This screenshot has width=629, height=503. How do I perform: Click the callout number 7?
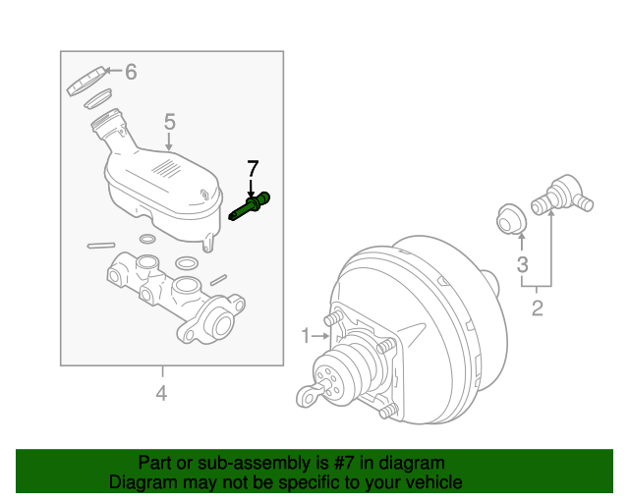pos(252,167)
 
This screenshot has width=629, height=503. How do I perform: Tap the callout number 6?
pos(131,72)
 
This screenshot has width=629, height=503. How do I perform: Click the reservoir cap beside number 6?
pos(86,81)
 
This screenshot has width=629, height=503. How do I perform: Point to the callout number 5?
pos(169,122)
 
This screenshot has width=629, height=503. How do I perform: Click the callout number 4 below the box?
pos(161,394)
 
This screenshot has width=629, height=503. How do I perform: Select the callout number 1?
pos(305,336)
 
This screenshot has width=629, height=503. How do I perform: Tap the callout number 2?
pos(537,310)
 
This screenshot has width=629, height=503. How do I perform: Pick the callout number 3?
pos(522,263)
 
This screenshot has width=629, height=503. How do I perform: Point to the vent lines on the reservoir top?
pos(169,168)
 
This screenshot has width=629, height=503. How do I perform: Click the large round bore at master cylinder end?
pos(223,325)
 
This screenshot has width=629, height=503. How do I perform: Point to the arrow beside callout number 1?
pos(320,336)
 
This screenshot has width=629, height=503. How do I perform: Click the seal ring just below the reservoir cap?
pos(97,99)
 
